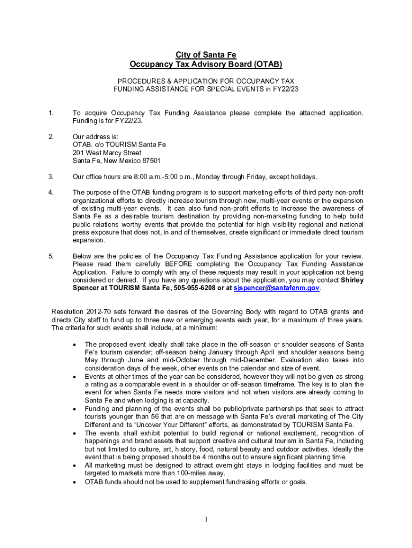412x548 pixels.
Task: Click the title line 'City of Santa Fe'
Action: [206, 55]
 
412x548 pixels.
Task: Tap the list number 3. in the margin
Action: [51, 177]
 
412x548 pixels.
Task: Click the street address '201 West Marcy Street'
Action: [107, 153]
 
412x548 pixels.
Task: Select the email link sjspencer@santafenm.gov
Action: [277, 288]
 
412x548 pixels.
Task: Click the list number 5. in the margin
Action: [51, 256]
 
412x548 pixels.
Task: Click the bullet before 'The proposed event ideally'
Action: [74, 344]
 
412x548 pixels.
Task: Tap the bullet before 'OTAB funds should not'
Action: [74, 482]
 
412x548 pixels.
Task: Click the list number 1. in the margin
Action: [51, 113]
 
